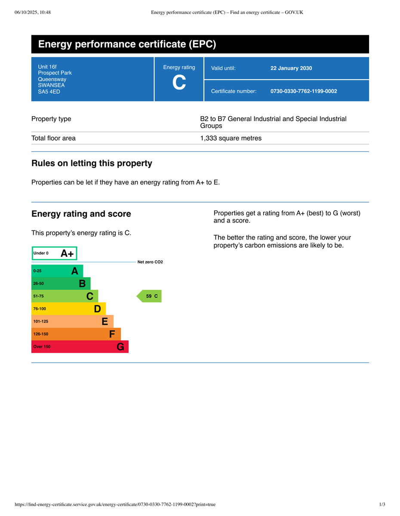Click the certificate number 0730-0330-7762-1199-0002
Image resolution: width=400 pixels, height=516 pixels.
tap(304, 91)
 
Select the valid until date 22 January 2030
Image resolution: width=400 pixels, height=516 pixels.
tap(291, 68)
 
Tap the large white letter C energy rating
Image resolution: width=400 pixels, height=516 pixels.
tap(179, 83)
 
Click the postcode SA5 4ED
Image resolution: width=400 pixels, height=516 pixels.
tap(49, 92)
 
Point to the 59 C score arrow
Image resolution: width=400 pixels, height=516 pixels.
tap(150, 296)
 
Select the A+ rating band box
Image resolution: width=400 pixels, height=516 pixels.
tap(55, 253)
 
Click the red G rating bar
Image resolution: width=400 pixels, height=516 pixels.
tap(80, 347)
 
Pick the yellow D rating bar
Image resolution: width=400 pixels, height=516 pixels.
tap(69, 309)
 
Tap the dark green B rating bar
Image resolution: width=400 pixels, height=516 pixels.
tap(61, 283)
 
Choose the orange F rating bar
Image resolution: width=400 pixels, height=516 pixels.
tap(76, 334)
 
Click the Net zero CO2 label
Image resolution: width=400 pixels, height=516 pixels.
tap(150, 262)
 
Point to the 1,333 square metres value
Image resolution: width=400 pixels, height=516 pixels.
tap(231, 138)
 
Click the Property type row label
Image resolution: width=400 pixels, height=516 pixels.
tap(51, 119)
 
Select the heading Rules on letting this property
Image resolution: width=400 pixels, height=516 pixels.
tap(92, 163)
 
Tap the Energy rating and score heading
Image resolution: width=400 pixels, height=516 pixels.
tap(81, 214)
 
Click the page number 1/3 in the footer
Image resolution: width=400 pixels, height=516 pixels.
tap(382, 504)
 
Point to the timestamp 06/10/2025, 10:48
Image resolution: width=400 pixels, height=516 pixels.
tap(33, 12)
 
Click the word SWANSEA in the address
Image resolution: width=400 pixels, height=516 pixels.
tap(51, 85)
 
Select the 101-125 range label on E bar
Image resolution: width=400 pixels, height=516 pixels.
tap(41, 321)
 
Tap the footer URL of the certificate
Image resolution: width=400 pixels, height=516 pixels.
tap(115, 504)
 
